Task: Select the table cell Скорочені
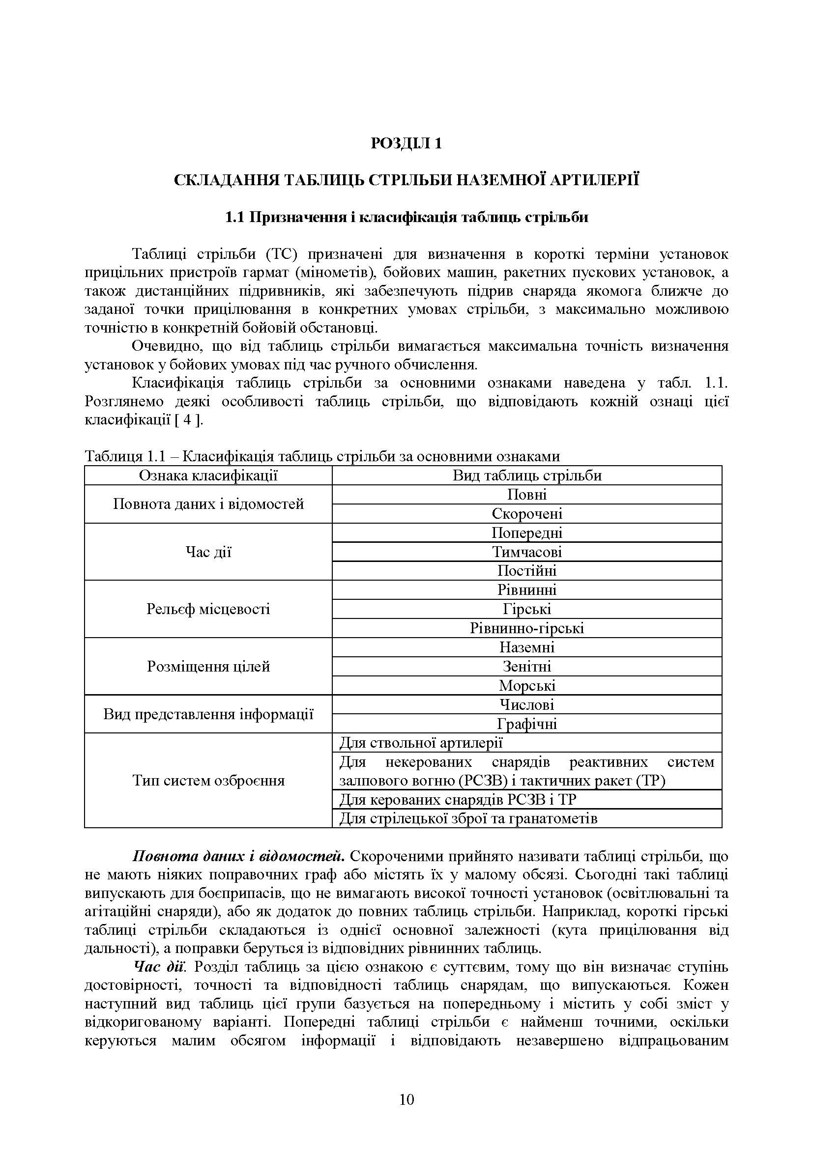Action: tap(526, 513)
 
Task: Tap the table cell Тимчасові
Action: tap(526, 552)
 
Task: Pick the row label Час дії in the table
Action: tap(208, 552)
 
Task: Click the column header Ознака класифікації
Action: tap(208, 475)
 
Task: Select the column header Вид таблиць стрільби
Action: tap(526, 475)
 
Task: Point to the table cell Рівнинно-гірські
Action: tap(526, 628)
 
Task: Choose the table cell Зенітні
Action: tap(526, 666)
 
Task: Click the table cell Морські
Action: tap(526, 686)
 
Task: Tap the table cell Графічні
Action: tap(526, 724)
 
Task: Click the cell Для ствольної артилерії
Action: tap(421, 743)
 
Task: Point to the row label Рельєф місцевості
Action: tap(208, 609)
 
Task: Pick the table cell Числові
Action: tap(526, 704)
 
